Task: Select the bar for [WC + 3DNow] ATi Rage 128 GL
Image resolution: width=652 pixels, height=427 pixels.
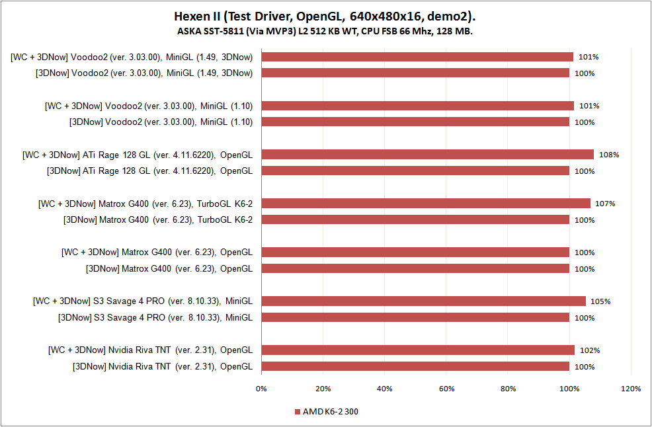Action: point(428,155)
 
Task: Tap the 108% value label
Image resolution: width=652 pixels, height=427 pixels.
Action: point(609,155)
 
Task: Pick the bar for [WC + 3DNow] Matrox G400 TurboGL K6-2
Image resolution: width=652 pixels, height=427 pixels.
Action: point(426,204)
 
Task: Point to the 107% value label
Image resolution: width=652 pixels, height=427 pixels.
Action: point(605,204)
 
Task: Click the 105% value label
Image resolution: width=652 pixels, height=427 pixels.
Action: point(600,301)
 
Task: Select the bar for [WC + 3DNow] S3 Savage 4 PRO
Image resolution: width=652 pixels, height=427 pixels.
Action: point(424,301)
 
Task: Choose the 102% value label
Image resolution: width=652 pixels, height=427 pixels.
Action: point(590,350)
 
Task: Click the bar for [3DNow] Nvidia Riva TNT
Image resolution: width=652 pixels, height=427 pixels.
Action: point(415,366)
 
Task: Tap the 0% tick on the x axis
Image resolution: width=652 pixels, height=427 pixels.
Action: point(262,389)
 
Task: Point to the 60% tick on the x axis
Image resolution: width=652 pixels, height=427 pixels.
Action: point(446,389)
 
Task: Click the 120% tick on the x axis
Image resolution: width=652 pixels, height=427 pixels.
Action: point(631,389)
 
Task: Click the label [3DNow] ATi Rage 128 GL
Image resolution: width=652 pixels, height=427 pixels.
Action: point(149,171)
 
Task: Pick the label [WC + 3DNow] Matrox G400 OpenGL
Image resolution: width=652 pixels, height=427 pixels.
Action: point(157,252)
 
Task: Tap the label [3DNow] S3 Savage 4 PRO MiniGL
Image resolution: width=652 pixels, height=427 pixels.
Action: point(155,317)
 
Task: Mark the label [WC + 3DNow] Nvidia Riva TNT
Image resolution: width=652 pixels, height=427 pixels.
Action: point(150,350)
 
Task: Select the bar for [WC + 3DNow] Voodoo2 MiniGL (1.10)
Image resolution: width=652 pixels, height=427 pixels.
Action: point(418,106)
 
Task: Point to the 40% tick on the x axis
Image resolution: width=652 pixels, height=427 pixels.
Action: point(385,389)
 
